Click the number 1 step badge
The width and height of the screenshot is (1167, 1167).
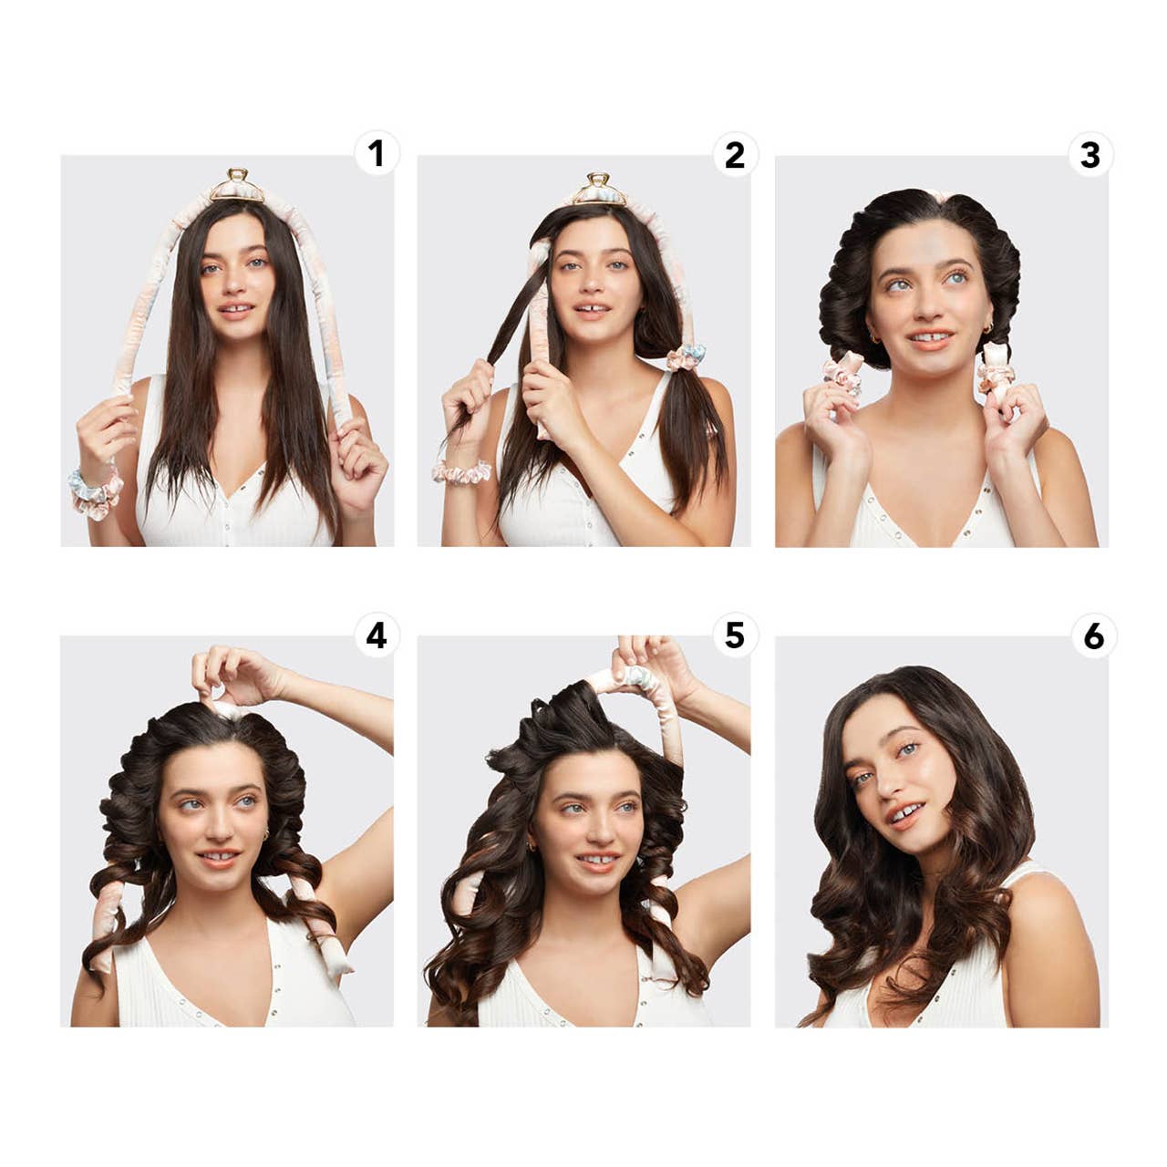click(377, 155)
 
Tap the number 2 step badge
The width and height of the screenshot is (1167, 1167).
click(734, 155)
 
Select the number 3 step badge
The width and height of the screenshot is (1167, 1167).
click(1090, 155)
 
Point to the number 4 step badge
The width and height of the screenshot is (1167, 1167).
click(377, 635)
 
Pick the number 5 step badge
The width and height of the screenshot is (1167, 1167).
click(734, 635)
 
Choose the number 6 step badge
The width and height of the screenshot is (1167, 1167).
click(1093, 635)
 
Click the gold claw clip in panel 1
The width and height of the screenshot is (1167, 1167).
click(237, 185)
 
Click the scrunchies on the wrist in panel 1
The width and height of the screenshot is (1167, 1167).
click(97, 487)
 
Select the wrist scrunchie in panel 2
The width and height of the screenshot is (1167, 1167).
click(460, 472)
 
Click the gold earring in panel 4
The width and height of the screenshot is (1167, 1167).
click(265, 835)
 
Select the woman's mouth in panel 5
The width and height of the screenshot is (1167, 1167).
click(597, 861)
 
